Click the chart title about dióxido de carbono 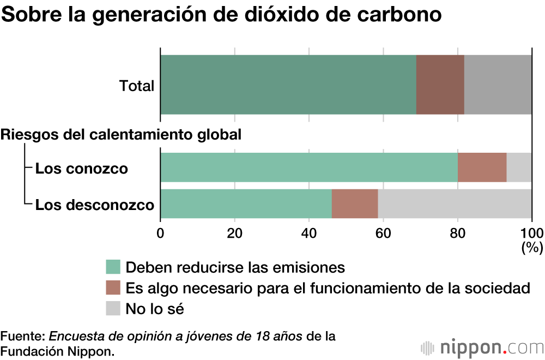point(221,15)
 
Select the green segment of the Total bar point(288,85)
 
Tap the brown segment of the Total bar point(440,85)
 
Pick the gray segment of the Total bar point(498,85)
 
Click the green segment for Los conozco point(309,167)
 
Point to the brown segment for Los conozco point(482,167)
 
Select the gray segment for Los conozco point(519,167)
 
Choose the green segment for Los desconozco point(246,204)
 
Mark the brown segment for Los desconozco point(355,204)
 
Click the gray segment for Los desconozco point(455,204)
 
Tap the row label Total point(137,86)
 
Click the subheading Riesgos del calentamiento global point(121,135)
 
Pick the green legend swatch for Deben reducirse point(113,267)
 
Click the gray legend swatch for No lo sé point(113,309)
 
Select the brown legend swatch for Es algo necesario point(113,288)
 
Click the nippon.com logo point(482,347)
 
